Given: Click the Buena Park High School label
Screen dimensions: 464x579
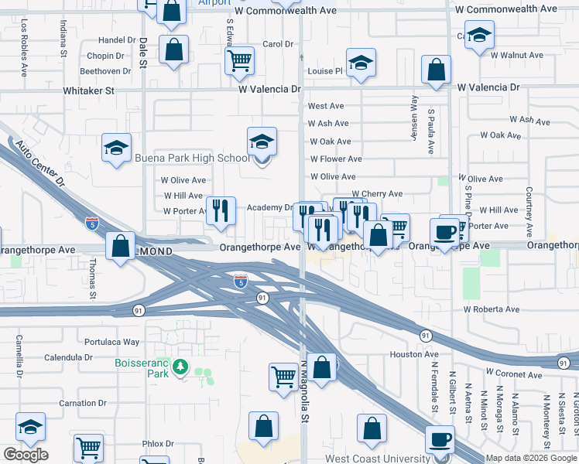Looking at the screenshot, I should [192, 159].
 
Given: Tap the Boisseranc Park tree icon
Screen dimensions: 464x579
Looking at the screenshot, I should [180, 366].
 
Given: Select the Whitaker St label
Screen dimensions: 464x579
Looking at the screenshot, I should [89, 90].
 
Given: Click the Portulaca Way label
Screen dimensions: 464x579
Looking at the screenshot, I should [112, 341].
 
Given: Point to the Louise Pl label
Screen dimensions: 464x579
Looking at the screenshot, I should [324, 71].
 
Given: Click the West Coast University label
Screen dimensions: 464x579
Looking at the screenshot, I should [376, 459].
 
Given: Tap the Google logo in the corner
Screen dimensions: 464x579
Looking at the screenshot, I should [26, 455].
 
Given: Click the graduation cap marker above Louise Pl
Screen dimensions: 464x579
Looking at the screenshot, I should [360, 63].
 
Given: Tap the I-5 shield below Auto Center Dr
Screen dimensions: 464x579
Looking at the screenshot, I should [92, 223].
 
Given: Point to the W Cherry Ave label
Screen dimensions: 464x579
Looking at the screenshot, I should [377, 194].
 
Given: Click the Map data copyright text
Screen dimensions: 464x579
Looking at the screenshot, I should [532, 459].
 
